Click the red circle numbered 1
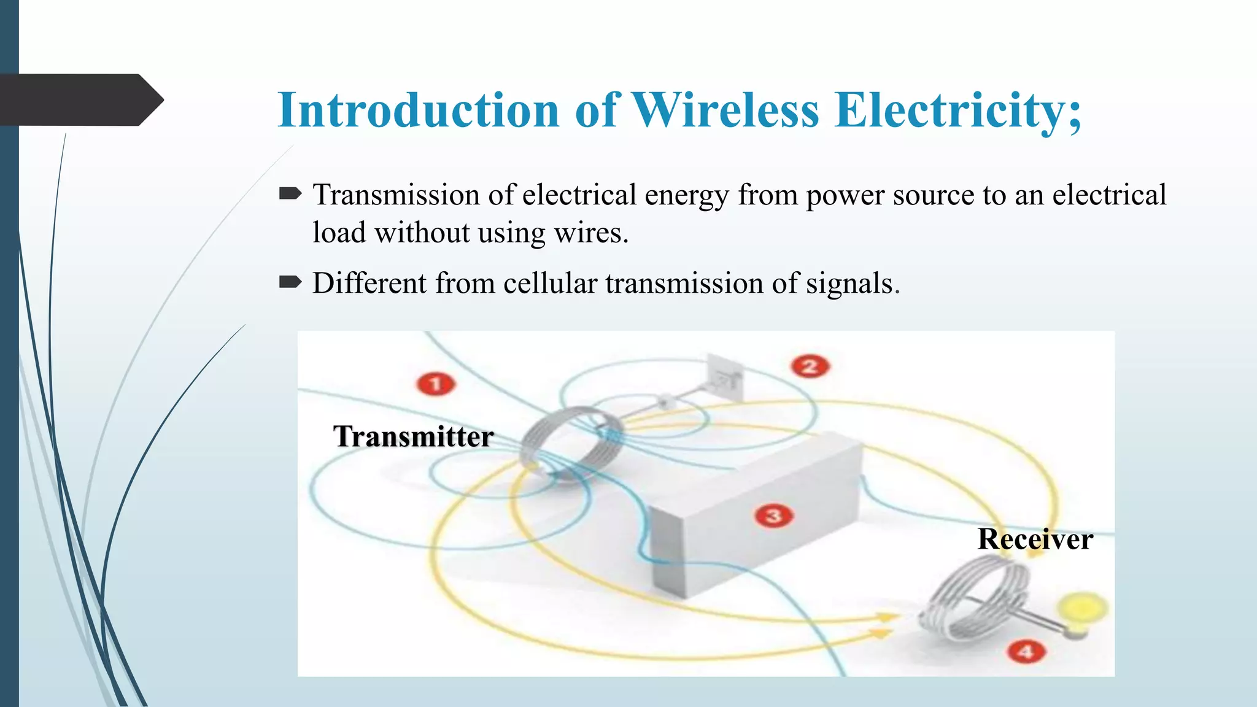click(436, 384)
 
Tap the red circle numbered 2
click(810, 366)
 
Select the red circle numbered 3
click(774, 516)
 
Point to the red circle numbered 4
click(1026, 651)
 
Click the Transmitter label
click(413, 436)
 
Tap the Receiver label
click(1035, 539)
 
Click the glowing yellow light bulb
click(1083, 610)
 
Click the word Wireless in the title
click(725, 110)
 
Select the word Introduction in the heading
click(418, 110)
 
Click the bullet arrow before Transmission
click(290, 195)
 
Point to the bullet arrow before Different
click(290, 282)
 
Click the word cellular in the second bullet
click(550, 283)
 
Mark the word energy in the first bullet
click(686, 196)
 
